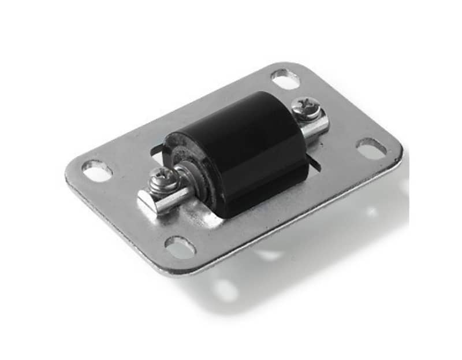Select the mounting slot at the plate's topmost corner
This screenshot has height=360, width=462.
click(285, 79)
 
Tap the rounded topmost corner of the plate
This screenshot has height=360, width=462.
click(289, 65)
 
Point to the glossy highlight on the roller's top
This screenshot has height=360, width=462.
click(231, 116)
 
